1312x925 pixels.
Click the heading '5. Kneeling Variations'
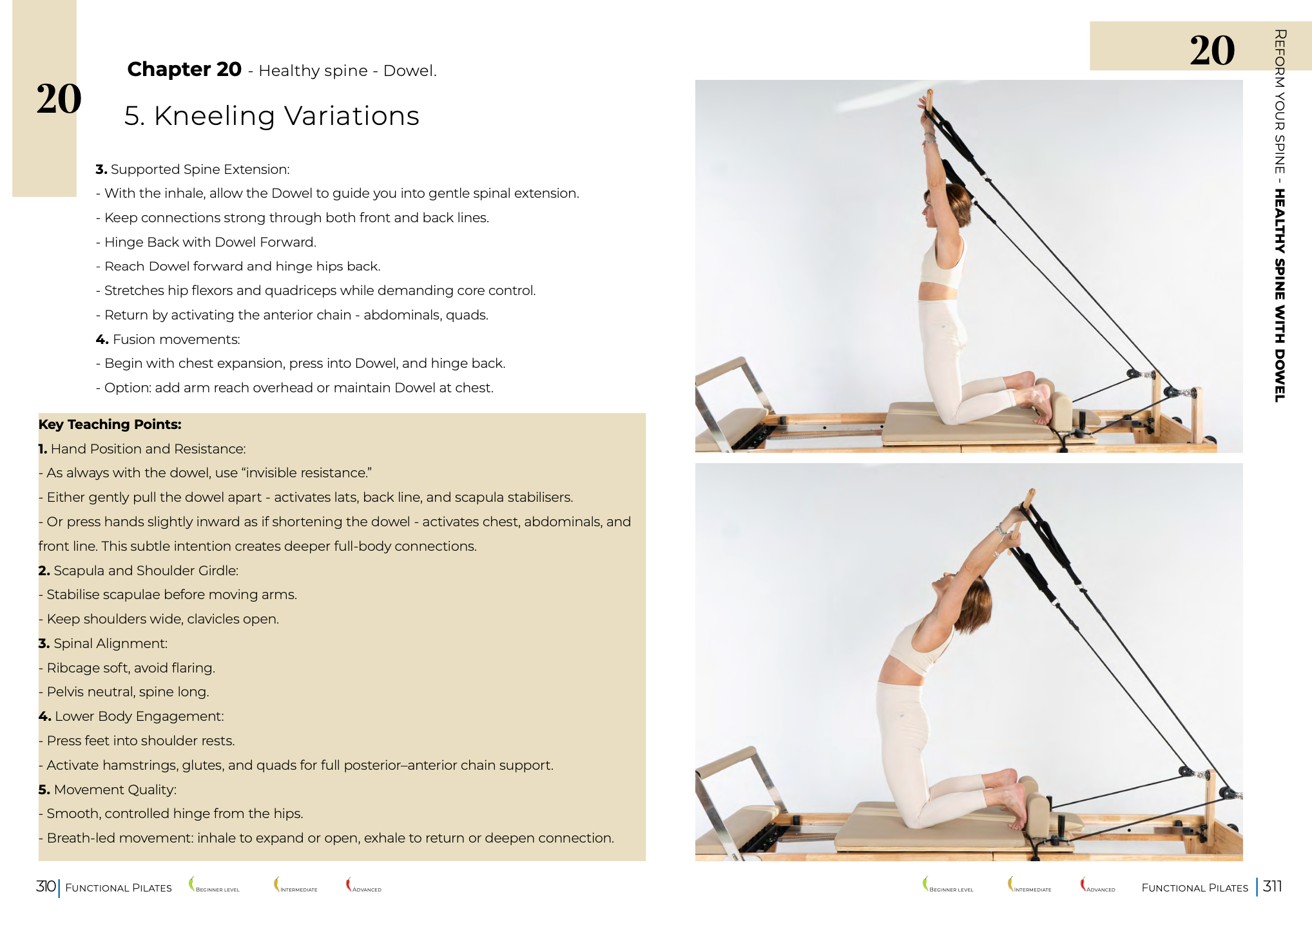pyautogui.click(x=271, y=116)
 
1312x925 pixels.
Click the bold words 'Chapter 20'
pyautogui.click(x=184, y=69)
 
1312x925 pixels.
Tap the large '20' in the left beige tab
pyautogui.click(x=59, y=99)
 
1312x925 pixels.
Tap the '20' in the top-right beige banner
pyautogui.click(x=1211, y=50)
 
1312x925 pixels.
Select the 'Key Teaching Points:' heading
pyautogui.click(x=110, y=424)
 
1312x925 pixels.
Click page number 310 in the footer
pyautogui.click(x=46, y=886)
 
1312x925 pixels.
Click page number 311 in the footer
pyautogui.click(x=1272, y=886)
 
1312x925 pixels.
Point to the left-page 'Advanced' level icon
pyautogui.click(x=349, y=884)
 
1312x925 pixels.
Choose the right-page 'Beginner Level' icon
pyautogui.click(x=926, y=884)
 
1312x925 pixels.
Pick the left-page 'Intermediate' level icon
pyautogui.click(x=277, y=884)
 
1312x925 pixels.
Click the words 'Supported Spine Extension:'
pyautogui.click(x=200, y=169)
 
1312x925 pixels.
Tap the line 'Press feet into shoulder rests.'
pyautogui.click(x=140, y=741)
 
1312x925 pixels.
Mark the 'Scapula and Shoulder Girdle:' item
pyautogui.click(x=146, y=571)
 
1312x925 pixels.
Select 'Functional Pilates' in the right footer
pyautogui.click(x=1194, y=888)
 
